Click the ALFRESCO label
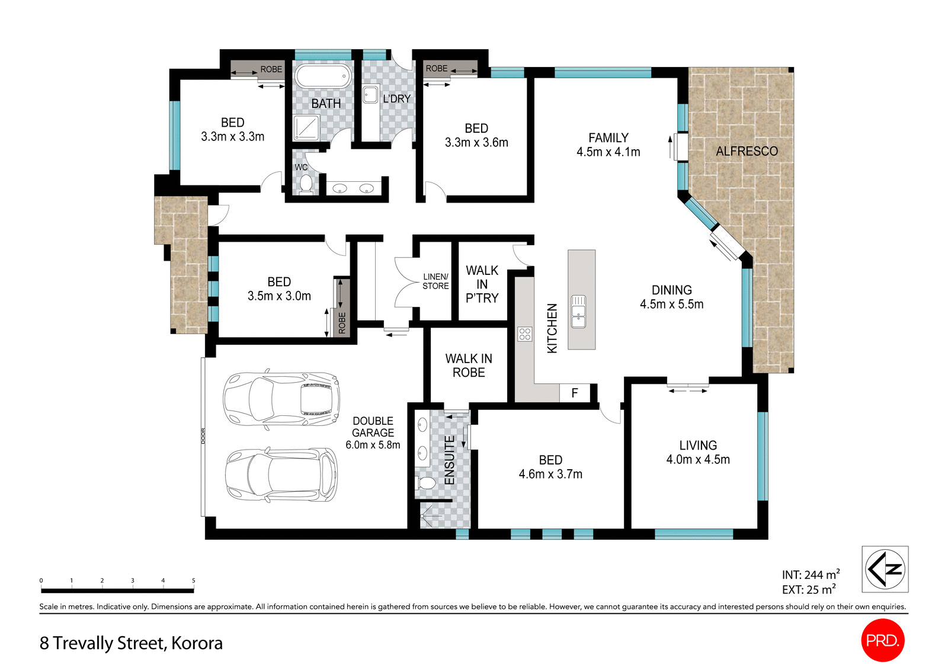pos(747,152)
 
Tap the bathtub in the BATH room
pos(323,77)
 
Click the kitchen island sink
pos(578,311)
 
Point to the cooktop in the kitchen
pos(524,334)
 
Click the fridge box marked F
pos(574,393)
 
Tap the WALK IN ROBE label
pos(469,366)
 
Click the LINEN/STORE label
pos(435,281)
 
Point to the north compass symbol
pos(885,569)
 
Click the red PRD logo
pos(882,640)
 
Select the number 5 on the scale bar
pos(193,581)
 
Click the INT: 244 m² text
pos(810,575)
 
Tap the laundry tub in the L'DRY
pos(371,95)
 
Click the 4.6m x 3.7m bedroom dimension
pos(550,475)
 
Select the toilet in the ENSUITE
pos(425,483)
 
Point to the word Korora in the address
pos(197,643)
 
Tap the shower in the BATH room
pos(306,127)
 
